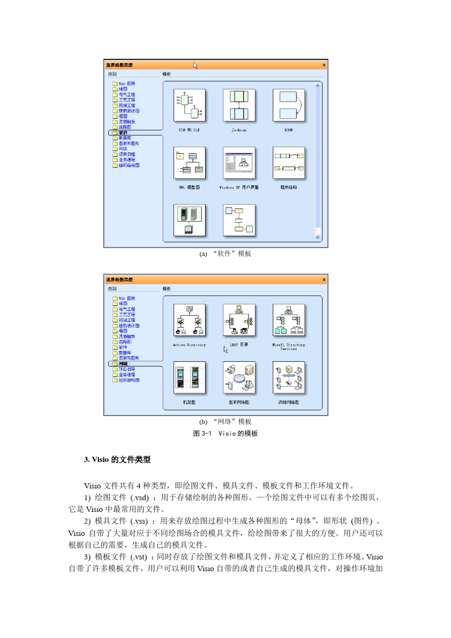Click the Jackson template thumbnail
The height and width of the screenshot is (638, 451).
point(239,105)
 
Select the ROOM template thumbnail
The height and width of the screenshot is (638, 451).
point(288,105)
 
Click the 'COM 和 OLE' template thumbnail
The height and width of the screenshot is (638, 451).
point(189,105)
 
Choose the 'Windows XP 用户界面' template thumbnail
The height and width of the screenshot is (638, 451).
point(239,163)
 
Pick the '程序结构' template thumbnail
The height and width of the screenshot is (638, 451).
point(288,163)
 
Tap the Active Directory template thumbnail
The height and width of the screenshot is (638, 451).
point(189,320)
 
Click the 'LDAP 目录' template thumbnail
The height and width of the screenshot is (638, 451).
point(239,320)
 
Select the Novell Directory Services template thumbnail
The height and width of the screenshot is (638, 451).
point(288,320)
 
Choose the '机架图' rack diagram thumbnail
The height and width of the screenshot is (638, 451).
point(189,377)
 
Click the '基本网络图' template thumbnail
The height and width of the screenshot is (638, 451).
point(239,377)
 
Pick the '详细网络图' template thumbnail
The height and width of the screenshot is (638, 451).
point(288,377)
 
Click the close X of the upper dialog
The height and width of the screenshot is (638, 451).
point(324,65)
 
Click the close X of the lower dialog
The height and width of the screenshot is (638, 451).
point(324,280)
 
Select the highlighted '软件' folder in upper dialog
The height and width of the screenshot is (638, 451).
point(123,133)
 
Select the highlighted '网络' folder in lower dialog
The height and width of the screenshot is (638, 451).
point(123,364)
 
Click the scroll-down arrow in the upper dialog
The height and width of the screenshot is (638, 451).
point(318,237)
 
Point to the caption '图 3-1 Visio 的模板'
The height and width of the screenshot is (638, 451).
point(225,433)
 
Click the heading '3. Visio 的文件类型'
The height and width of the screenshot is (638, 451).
point(117,460)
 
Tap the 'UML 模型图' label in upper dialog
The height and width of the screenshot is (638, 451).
point(189,188)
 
